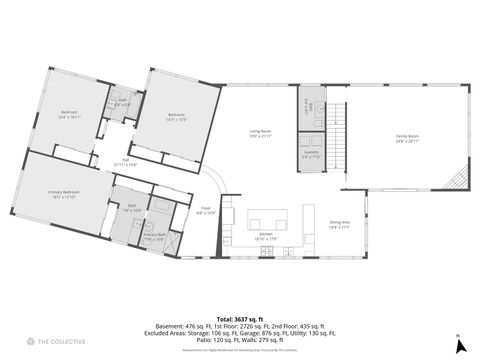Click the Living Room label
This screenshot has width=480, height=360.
click(x=261, y=134)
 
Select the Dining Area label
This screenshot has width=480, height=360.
click(x=339, y=224)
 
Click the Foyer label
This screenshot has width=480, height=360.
click(x=205, y=212)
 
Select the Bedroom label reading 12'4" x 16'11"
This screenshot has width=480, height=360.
click(x=68, y=113)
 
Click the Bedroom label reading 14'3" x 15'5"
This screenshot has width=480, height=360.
click(x=176, y=116)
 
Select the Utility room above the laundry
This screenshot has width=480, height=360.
click(x=309, y=108)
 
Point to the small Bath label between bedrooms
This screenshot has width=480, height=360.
click(x=123, y=102)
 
